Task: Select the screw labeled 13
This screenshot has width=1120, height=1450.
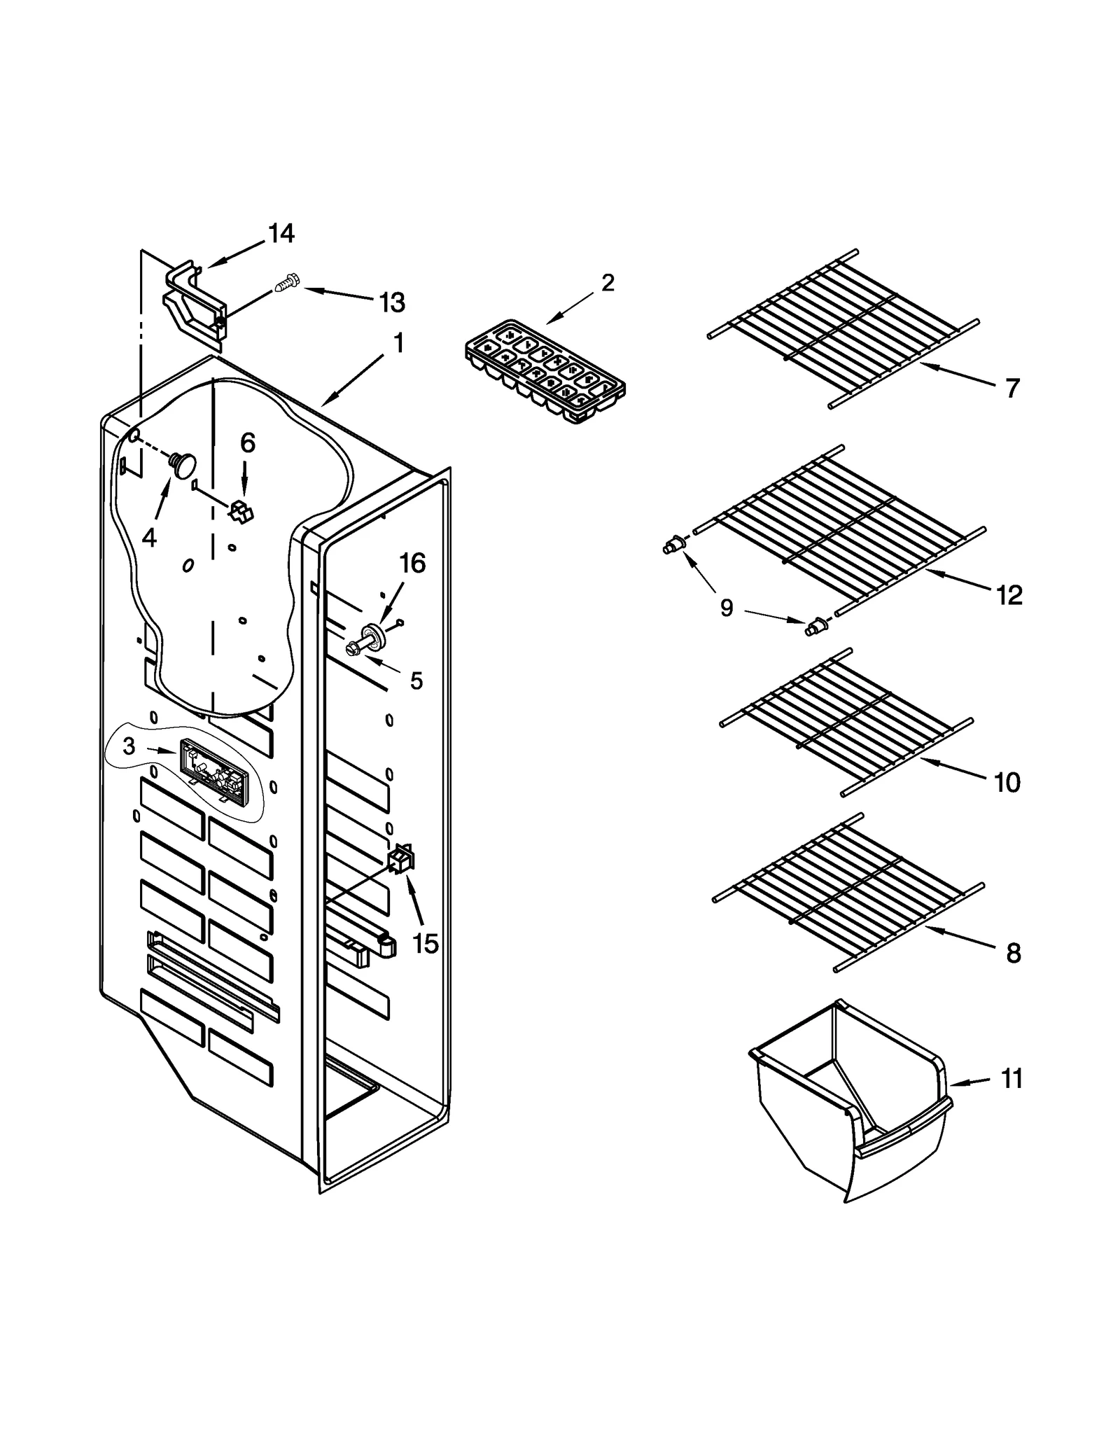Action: tap(287, 284)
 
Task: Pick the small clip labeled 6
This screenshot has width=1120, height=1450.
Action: tap(241, 512)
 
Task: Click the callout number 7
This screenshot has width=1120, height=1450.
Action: tap(1012, 388)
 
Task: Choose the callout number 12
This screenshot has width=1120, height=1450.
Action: tap(1009, 595)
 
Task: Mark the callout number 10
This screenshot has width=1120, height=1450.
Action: tap(1007, 782)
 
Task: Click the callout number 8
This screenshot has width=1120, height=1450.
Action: tap(1013, 953)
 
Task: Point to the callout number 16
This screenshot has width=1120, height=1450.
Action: tap(412, 563)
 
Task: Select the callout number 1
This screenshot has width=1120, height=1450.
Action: tap(398, 344)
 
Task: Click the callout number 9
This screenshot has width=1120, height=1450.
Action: tap(727, 608)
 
